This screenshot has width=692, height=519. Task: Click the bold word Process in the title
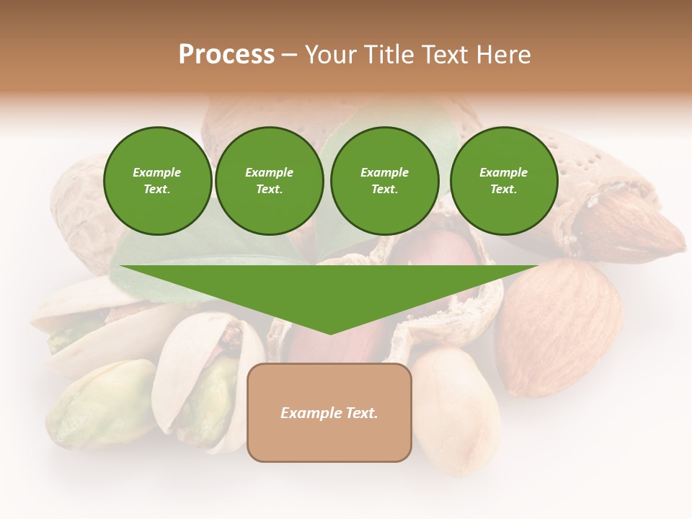click(226, 55)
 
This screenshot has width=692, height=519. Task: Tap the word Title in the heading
click(392, 55)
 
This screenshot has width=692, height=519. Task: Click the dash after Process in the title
click(289, 56)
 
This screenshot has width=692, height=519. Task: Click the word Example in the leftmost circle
click(157, 172)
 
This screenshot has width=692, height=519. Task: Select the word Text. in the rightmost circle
click(504, 190)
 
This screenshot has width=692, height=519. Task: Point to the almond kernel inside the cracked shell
click(627, 227)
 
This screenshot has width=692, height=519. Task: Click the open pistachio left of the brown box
click(205, 382)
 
